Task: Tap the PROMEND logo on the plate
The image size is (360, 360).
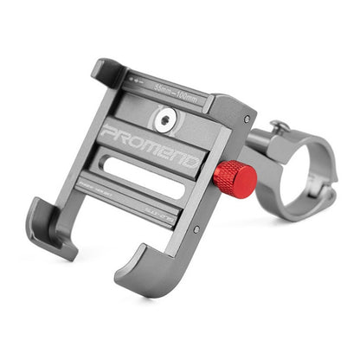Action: pyautogui.click(x=149, y=143)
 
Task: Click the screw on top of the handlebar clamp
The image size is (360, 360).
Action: pyautogui.click(x=280, y=127)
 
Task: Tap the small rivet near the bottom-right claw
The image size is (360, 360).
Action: pyautogui.click(x=196, y=229)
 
